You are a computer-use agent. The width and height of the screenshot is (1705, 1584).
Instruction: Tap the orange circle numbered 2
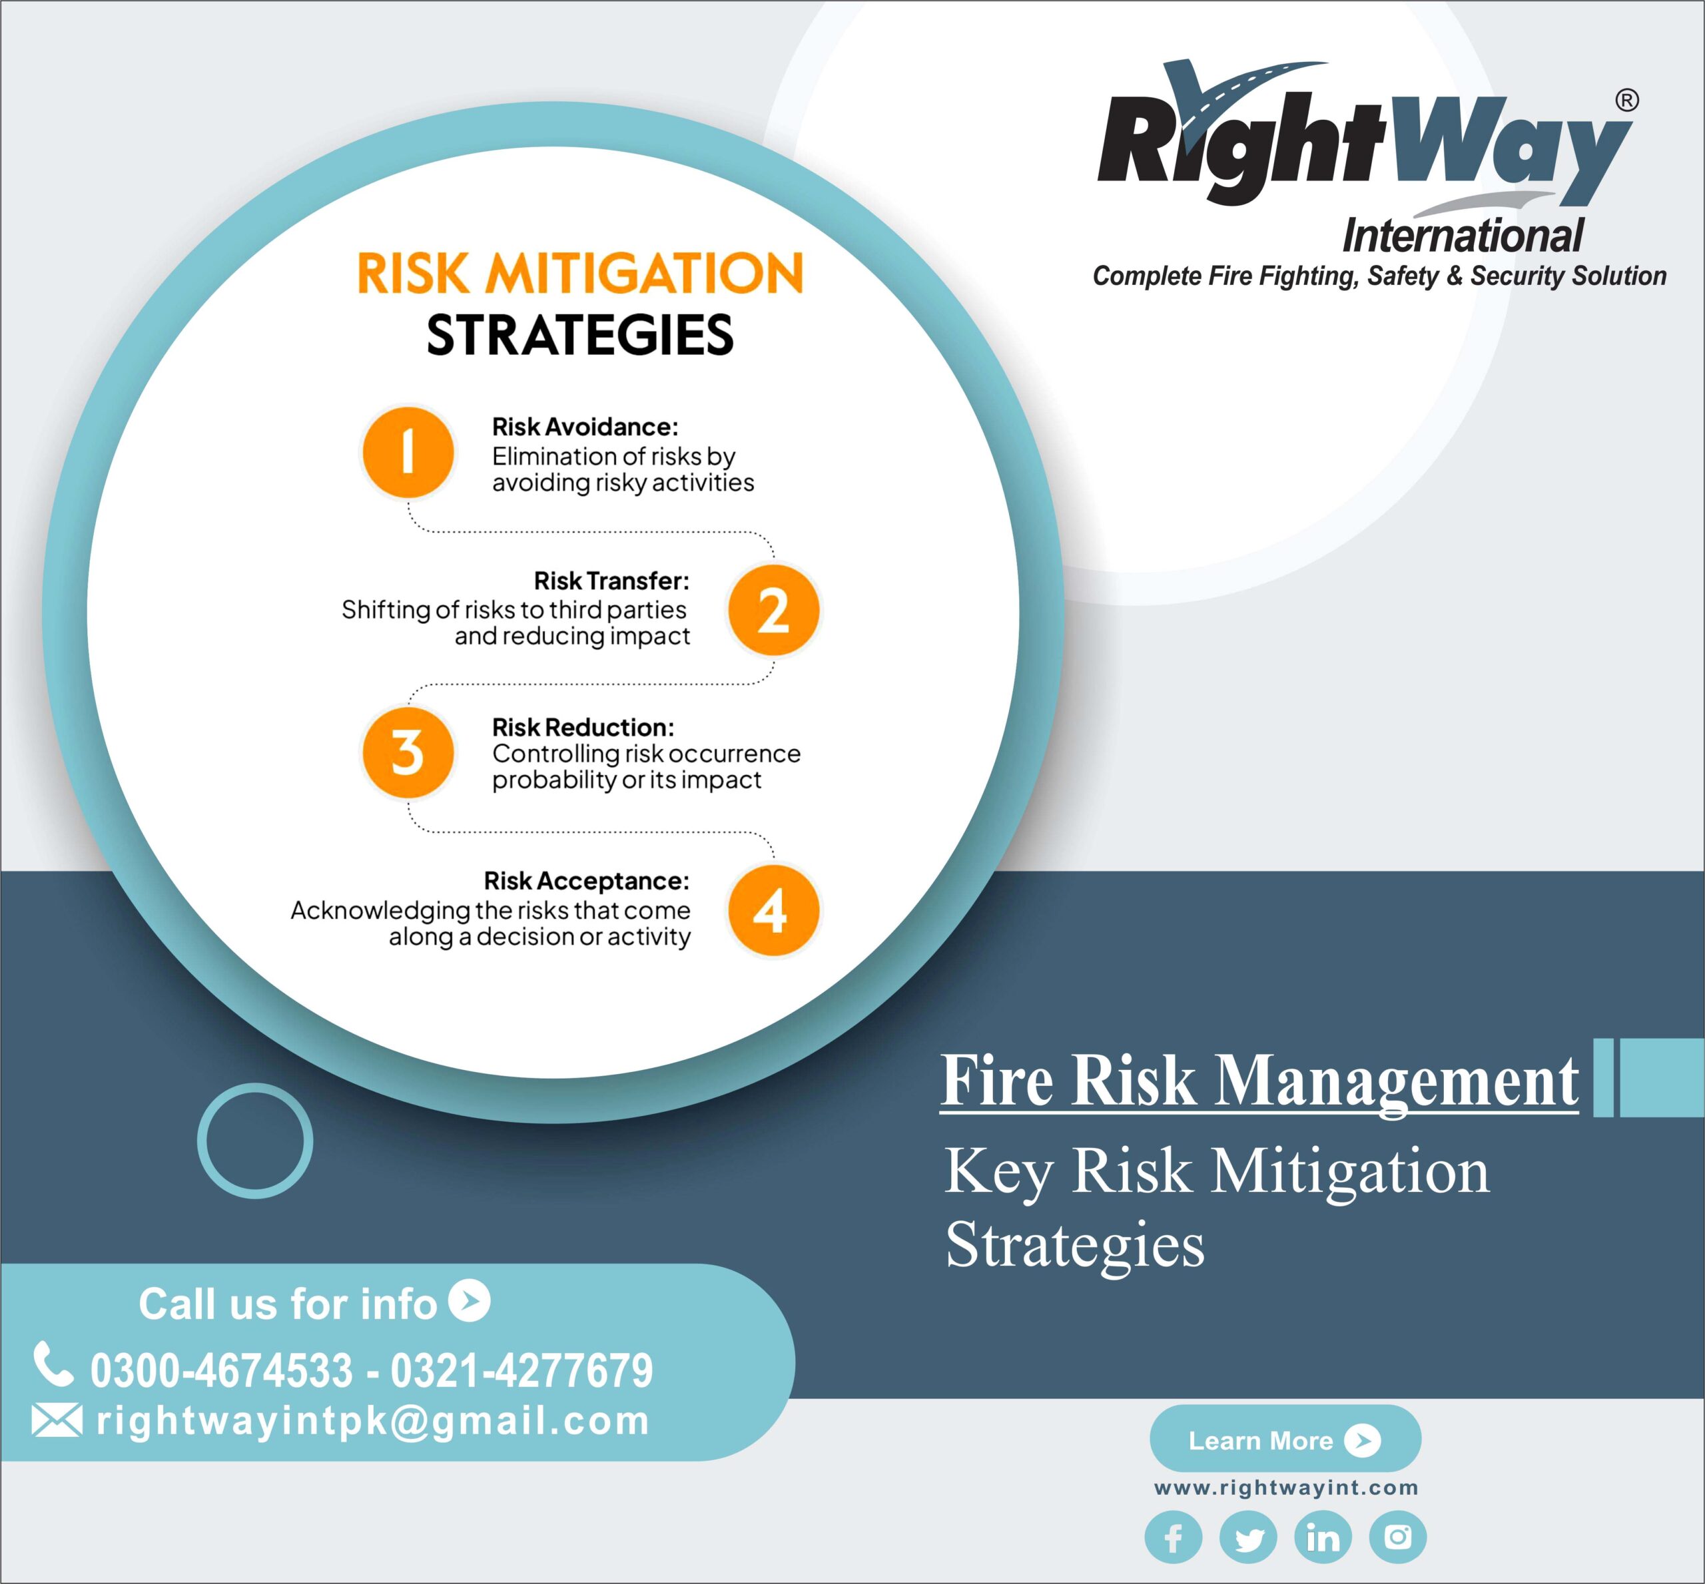pos(773,611)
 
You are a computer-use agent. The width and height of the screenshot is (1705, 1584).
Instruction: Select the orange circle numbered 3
pos(408,752)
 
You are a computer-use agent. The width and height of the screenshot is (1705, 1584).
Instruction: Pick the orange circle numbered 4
pos(773,910)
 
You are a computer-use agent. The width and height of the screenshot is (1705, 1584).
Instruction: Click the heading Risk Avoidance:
pos(585,426)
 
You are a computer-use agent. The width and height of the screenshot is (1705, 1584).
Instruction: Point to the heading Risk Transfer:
pos(611,581)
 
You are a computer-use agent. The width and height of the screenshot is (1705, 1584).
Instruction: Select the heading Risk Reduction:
pos(583,727)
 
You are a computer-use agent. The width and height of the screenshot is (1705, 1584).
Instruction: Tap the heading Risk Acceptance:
pos(586,880)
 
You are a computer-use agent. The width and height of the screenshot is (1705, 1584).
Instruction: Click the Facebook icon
pos(1173,1537)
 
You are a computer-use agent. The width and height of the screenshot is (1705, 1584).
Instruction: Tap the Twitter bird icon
pos(1248,1537)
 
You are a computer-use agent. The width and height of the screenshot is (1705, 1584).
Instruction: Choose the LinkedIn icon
pos(1323,1537)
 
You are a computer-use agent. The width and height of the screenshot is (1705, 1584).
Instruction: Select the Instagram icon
pos(1397,1537)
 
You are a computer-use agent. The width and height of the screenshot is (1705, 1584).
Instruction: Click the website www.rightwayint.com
pos(1286,1487)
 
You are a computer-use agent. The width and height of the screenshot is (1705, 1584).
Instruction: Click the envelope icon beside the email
pos(57,1420)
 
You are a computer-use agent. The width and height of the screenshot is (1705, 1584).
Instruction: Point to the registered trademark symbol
pos(1626,101)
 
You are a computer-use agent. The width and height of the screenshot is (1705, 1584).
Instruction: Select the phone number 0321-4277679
pos(522,1370)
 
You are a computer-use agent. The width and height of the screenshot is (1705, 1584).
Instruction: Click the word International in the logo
pos(1463,235)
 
